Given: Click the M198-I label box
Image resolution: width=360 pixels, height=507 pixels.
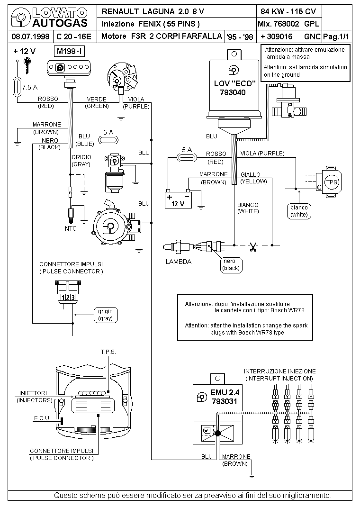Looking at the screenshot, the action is coord(69,51).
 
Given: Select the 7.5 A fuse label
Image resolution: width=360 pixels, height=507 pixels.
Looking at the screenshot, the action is coord(30,87).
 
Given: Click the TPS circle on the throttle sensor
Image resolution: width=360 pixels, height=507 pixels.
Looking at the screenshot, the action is coord(332,182).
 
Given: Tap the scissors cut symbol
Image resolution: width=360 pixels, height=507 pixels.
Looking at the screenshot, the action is coord(253,247).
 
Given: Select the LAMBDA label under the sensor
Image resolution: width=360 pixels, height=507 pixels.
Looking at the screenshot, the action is coord(179,262).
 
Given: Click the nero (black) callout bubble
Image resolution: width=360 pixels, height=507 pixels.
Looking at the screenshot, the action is coord(231,265).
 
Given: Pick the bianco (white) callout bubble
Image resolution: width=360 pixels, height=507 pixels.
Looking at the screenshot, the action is coord(299,211).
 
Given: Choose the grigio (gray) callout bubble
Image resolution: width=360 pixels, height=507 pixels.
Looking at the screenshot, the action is coord(105,315).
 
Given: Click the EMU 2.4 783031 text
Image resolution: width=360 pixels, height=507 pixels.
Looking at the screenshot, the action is coord(225,397).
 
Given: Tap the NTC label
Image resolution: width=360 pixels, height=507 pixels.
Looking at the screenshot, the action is coord(71,228).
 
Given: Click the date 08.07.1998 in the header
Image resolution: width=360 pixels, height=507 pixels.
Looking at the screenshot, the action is coord(30,36).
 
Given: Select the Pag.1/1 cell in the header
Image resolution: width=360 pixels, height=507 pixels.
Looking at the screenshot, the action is coord(336,36).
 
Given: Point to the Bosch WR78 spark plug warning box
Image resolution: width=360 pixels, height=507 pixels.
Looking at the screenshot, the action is coord(245,317).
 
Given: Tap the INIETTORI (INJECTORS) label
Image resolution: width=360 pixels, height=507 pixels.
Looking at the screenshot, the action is coord(34,397).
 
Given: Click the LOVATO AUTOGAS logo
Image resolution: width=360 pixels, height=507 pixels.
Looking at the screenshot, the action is coord(49,18).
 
